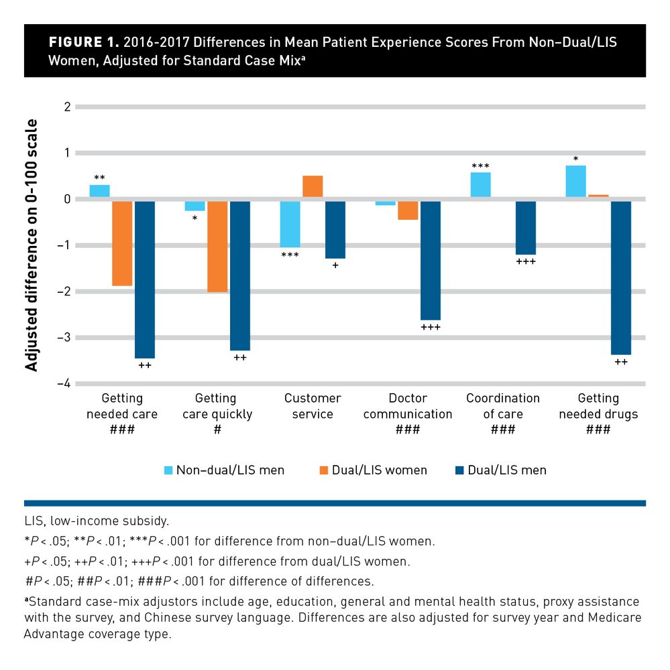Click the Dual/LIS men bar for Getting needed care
(145, 279)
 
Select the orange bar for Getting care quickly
(217, 246)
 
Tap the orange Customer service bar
(313, 187)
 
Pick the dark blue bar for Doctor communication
(431, 260)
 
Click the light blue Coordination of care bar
(480, 186)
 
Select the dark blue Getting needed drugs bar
(621, 277)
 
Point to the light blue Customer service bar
(290, 223)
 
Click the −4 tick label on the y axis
(64, 384)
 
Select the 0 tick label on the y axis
(67, 199)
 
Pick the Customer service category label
(313, 406)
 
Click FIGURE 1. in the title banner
(84, 42)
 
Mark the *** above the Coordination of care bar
(480, 166)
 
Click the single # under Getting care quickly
(217, 429)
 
